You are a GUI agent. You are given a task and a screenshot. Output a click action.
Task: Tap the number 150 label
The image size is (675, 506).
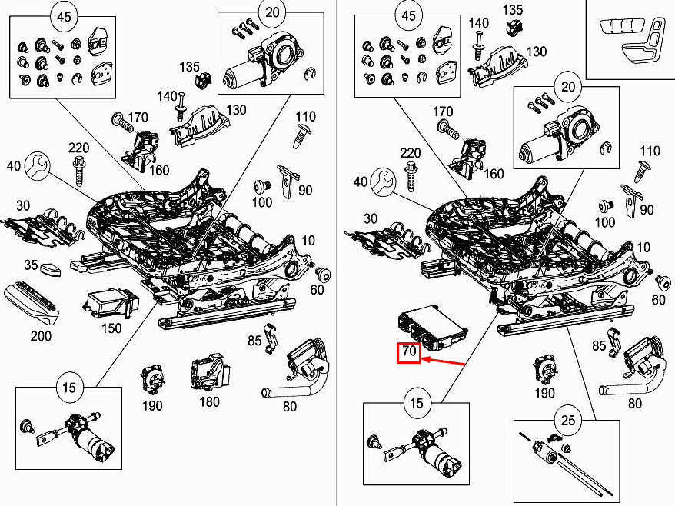pyautogui.click(x=111, y=328)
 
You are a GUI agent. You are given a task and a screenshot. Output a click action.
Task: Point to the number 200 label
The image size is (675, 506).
pyautogui.click(x=40, y=336)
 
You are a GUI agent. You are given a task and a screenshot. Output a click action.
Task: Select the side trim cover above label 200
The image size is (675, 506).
pyautogui.click(x=31, y=304)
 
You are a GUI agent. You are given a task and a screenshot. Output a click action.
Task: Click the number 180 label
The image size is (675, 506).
pyautogui.click(x=208, y=401)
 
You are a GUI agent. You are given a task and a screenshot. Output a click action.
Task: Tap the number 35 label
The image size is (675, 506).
pyautogui.click(x=30, y=265)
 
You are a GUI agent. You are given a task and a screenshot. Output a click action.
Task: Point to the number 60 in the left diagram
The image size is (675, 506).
pyautogui.click(x=317, y=289)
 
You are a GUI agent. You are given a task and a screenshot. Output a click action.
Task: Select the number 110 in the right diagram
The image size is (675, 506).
pyautogui.click(x=650, y=151)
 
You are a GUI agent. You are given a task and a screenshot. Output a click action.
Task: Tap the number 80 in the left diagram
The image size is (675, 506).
pyautogui.click(x=290, y=406)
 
